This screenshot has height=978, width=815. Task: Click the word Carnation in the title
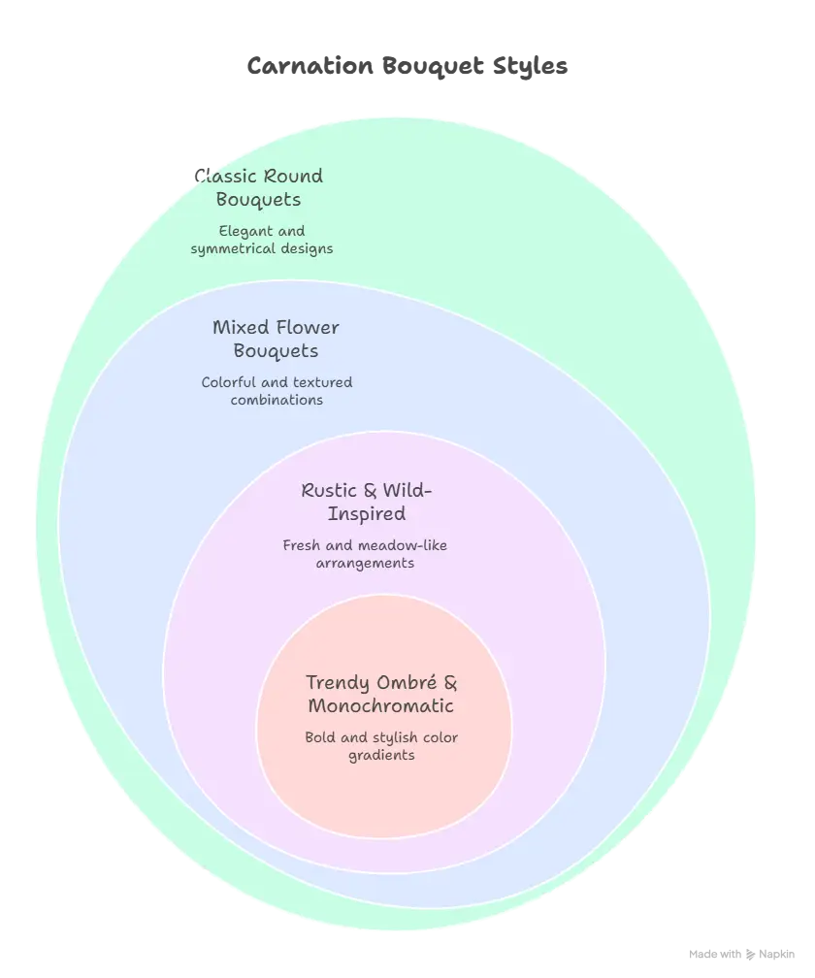310,66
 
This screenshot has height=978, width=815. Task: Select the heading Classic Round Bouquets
259,188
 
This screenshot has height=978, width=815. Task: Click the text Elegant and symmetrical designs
262,241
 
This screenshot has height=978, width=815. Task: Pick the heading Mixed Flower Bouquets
276,340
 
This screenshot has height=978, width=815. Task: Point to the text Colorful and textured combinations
277,391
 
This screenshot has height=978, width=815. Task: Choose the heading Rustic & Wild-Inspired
367,503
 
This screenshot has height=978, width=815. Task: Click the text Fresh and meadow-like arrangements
365,555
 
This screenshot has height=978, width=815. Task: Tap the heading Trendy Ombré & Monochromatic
381,695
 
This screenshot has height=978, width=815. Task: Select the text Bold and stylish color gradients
381,746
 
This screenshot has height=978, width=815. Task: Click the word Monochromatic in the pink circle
381,706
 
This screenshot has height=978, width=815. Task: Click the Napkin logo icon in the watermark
750,955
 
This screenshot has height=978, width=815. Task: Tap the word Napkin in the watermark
776,955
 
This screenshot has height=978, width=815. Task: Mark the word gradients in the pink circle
381,755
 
